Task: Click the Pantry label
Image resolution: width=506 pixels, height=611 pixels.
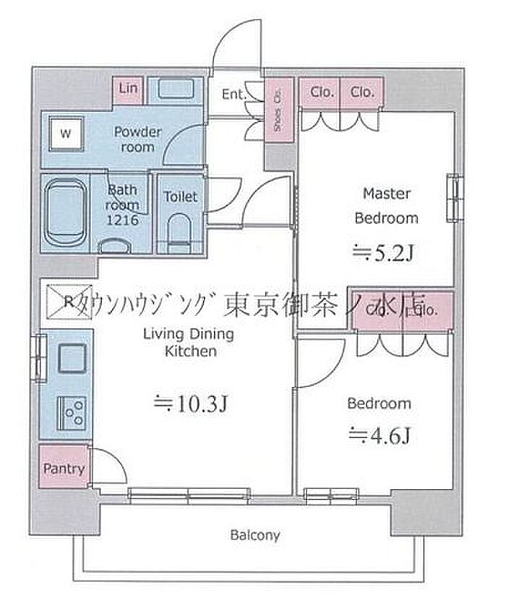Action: click(x=64, y=468)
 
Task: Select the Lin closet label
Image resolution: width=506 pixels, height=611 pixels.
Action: click(x=128, y=89)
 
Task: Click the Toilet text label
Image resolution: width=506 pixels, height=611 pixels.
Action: click(x=180, y=196)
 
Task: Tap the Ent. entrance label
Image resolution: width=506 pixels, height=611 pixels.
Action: click(x=233, y=94)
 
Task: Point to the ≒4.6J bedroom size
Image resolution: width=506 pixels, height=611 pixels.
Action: click(x=379, y=435)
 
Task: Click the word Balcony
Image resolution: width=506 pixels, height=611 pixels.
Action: click(x=254, y=536)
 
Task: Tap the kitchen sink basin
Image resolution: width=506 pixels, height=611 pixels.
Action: click(x=72, y=359)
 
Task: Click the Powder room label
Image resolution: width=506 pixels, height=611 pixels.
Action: click(x=137, y=139)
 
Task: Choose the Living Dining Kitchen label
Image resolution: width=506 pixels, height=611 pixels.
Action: click(x=188, y=342)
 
